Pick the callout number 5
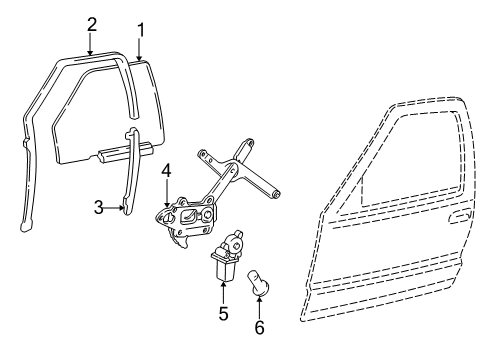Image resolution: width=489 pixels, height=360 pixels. [223, 314]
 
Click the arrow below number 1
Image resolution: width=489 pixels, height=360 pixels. [140, 48]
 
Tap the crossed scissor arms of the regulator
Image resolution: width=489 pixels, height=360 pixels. [240, 170]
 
